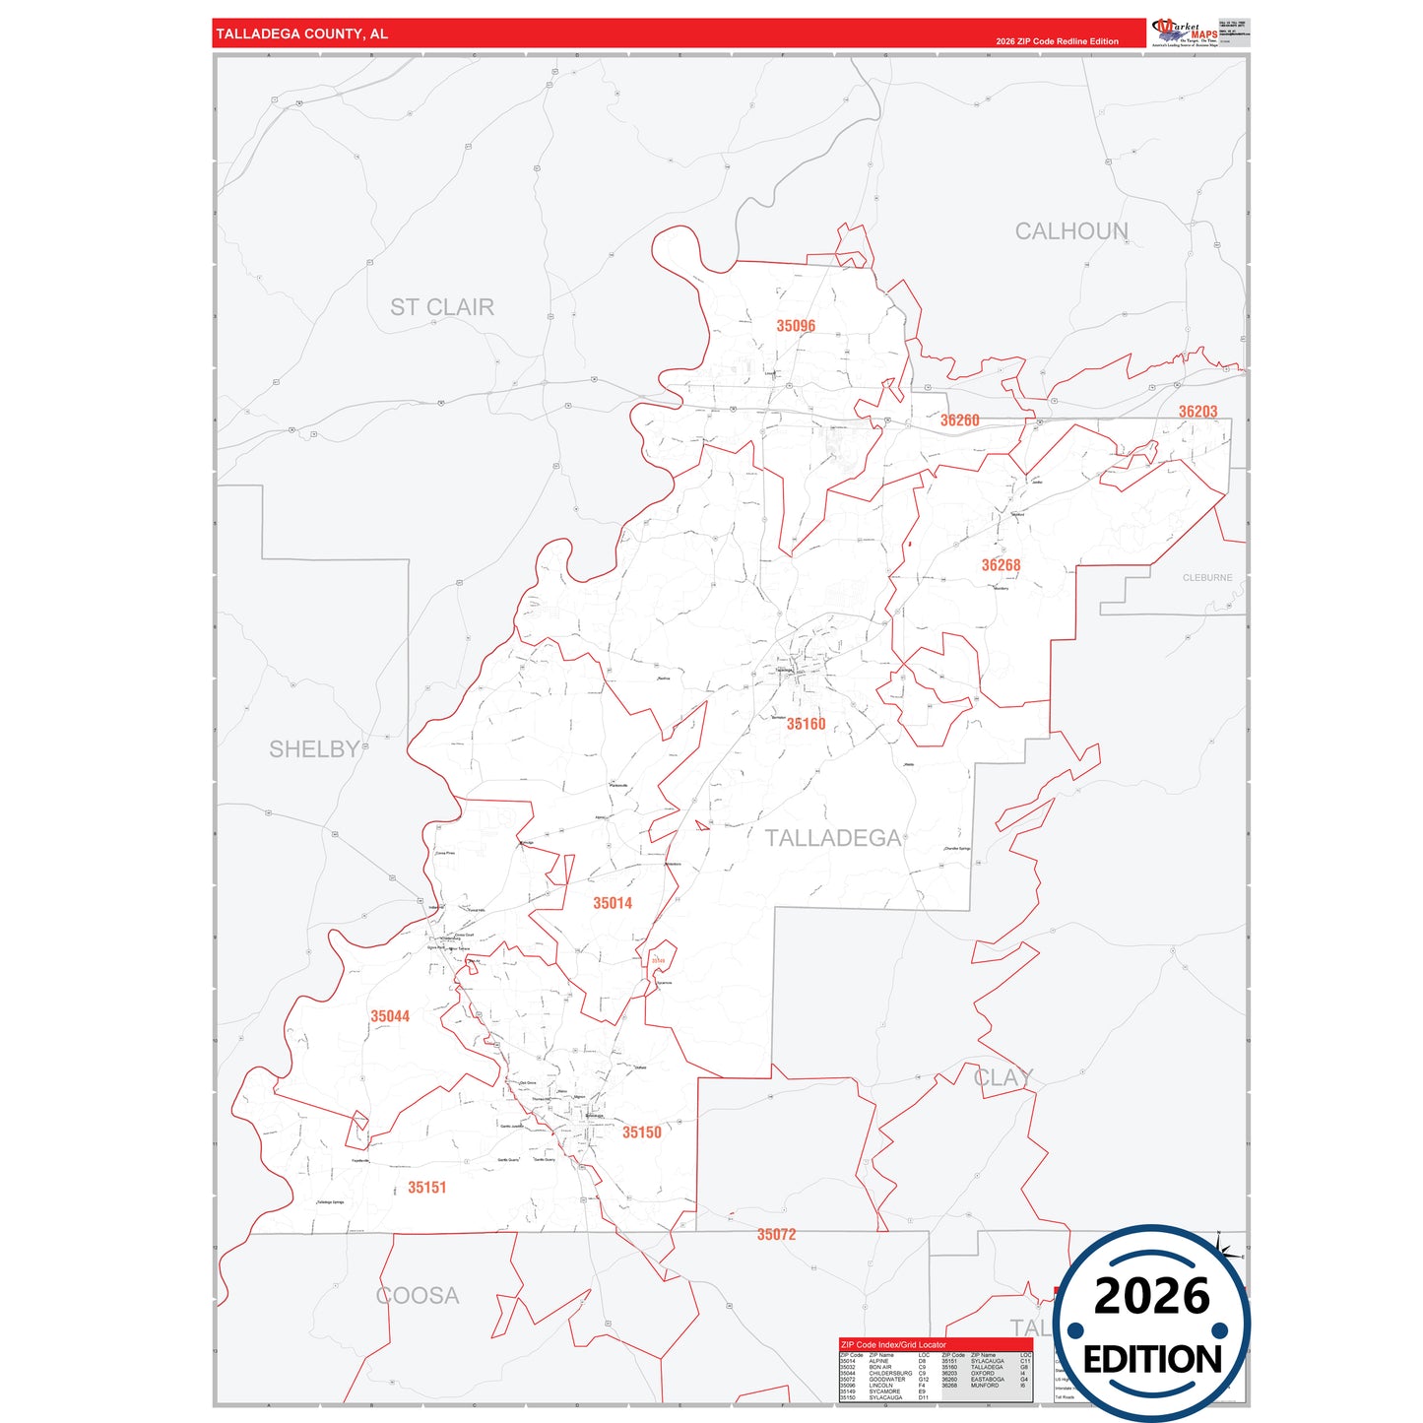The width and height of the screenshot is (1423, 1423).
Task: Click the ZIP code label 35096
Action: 796,326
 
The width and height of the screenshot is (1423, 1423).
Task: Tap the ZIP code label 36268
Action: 1001,565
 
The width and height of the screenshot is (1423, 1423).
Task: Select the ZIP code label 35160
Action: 806,724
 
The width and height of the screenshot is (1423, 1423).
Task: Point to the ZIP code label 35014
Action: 613,903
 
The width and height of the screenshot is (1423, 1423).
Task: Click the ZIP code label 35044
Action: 390,1016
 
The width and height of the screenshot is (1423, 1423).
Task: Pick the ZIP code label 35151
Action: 427,1188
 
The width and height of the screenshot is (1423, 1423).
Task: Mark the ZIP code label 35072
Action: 776,1235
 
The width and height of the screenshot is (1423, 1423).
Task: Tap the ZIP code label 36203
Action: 1197,412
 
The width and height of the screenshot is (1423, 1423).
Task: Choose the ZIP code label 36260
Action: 959,420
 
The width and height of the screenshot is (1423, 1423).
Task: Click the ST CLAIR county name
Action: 442,307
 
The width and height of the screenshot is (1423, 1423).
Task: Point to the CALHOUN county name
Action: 1071,231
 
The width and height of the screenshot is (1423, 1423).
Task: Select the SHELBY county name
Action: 314,749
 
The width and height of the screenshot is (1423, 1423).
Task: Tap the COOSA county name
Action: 418,1296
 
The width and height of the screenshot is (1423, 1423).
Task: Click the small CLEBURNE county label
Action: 1207,578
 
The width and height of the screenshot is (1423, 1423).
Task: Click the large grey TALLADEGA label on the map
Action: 833,838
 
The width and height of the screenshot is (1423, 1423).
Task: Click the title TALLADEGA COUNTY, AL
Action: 302,34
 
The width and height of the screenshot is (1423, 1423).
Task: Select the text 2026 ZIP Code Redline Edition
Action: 1057,41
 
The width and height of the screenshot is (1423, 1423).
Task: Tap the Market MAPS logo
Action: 1185,32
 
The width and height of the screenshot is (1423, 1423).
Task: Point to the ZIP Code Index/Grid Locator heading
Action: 893,1344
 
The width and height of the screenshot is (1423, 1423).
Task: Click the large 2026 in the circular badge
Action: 1151,1296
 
